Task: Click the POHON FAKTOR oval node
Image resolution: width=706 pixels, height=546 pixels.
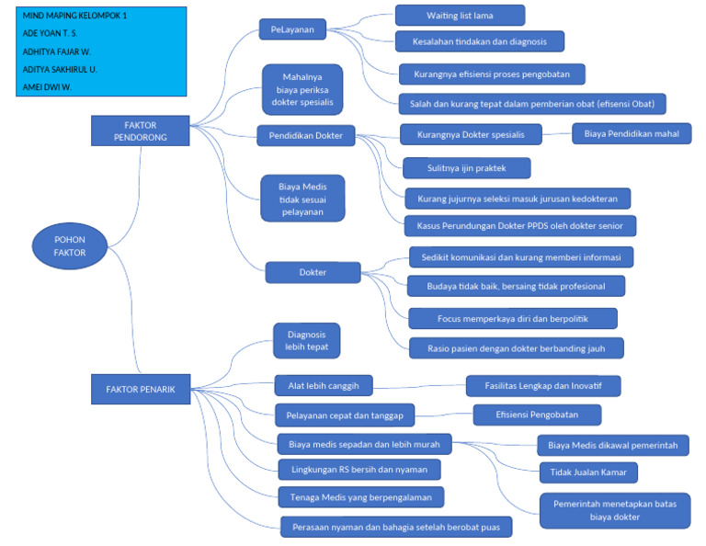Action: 69,245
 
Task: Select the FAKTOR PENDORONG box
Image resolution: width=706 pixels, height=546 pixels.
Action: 140,131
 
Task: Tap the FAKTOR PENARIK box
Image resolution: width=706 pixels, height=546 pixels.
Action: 140,389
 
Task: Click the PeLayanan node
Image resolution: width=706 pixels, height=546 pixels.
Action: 292,30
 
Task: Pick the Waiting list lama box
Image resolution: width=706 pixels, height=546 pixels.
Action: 460,16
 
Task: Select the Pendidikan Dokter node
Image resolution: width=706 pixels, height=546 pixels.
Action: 306,135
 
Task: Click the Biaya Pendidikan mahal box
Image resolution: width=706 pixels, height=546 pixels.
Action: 632,134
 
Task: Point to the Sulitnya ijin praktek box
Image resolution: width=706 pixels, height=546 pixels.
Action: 466,167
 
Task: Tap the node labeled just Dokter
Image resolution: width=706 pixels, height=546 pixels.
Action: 313,272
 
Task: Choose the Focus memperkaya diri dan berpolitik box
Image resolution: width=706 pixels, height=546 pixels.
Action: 513,318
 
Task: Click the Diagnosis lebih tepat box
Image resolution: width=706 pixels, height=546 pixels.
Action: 307,341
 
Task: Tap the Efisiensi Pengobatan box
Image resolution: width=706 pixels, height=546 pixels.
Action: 537,415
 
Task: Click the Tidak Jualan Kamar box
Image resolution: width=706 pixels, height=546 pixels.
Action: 588,472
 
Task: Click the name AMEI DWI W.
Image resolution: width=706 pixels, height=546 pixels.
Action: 48,86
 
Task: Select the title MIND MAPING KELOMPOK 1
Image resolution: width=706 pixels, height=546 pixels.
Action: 75,16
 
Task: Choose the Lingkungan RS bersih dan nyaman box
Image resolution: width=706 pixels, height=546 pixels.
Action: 359,469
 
